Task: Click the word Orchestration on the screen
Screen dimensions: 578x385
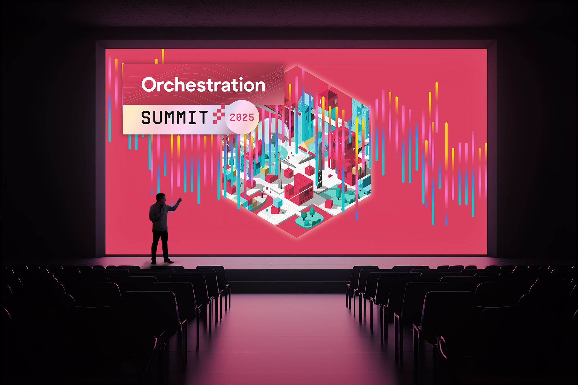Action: tap(203, 85)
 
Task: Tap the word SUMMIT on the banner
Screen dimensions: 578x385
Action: tap(175, 117)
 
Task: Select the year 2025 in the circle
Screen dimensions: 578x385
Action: tap(242, 117)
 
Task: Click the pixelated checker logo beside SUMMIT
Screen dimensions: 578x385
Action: tap(219, 115)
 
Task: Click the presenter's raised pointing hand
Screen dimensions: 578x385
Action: tap(179, 200)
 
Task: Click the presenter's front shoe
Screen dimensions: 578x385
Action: tap(168, 261)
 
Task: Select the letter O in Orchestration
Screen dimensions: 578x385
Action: tap(149, 85)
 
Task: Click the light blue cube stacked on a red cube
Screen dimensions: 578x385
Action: tap(278, 202)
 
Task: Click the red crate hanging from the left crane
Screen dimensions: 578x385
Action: tap(288, 173)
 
